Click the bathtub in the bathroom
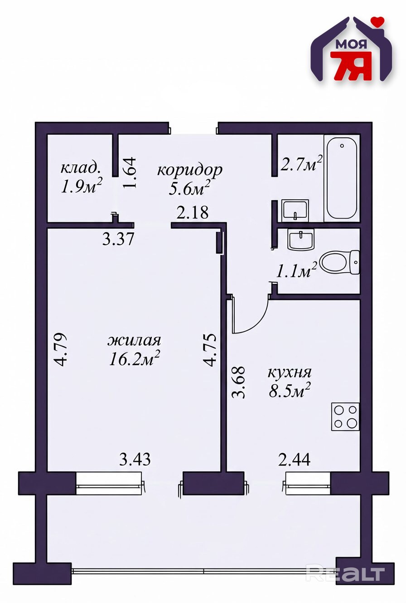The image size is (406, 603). [342, 178]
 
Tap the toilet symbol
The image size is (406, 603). [340, 262]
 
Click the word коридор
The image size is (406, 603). [190, 171]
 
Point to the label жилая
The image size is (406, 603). [134, 340]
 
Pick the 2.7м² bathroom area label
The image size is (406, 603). [301, 164]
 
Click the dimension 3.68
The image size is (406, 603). [238, 382]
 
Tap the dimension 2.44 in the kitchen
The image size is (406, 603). [294, 459]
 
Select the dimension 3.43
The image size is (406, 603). [135, 459]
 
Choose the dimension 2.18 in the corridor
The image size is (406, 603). [192, 212]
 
